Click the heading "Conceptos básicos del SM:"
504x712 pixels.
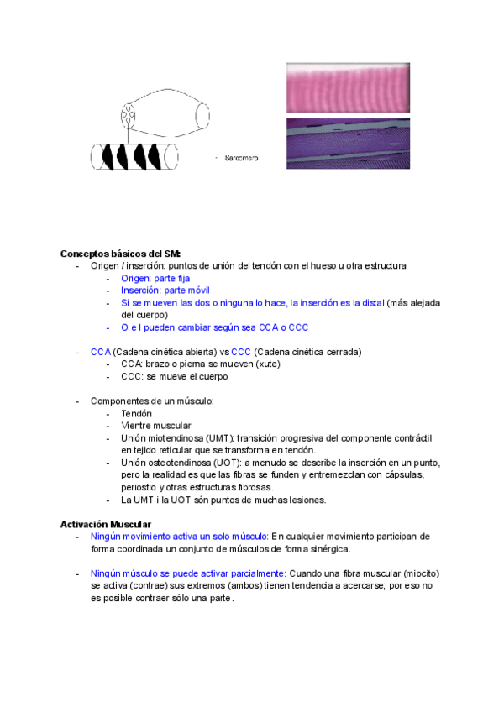[121, 254]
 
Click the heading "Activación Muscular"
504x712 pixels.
[105, 524]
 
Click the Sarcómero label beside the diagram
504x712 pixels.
[240, 157]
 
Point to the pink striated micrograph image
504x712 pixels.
[349, 86]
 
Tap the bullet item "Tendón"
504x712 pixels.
[136, 414]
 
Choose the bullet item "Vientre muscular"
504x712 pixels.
[155, 426]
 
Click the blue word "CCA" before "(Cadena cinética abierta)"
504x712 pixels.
[100, 352]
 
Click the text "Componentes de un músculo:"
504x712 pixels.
[152, 401]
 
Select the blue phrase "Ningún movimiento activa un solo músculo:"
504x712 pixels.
[179, 537]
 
